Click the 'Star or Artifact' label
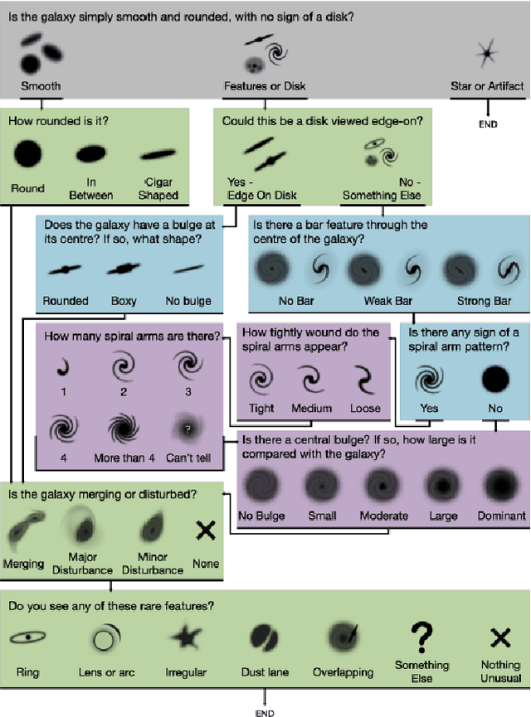pos(487,85)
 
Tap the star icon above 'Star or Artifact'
pos(486,54)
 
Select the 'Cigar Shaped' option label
pos(158,189)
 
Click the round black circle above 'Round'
pos(27,153)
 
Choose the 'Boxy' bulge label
pos(124,300)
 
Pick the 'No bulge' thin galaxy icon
pos(188,269)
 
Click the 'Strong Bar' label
pos(485,300)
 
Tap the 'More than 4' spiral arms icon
pos(125,428)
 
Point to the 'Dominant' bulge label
pos(502,516)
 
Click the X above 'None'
pos(205,531)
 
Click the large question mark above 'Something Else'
pos(421,636)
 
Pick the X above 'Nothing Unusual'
pos(500,637)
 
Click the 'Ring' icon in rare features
pos(27,638)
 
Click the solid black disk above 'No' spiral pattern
pos(495,378)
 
